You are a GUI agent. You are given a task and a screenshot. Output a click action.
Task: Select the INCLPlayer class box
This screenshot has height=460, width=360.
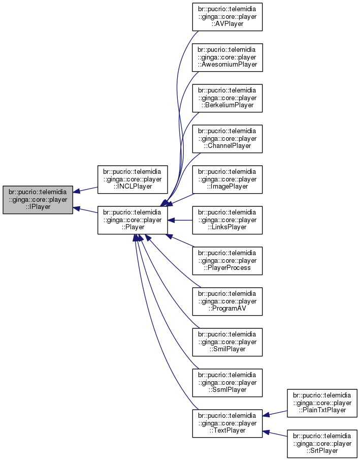(133, 179)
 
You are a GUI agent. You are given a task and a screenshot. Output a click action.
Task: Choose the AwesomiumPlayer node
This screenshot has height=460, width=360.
(227, 57)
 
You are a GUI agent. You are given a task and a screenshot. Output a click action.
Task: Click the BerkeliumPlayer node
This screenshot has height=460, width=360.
(227, 98)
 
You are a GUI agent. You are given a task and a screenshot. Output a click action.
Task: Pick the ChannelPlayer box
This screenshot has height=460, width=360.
(227, 139)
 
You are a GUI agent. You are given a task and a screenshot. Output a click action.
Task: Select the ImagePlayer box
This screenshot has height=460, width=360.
(227, 179)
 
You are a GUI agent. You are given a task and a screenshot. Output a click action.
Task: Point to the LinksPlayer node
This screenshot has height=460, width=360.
(227, 220)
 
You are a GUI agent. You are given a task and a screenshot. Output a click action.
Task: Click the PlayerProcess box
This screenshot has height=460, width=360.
(227, 261)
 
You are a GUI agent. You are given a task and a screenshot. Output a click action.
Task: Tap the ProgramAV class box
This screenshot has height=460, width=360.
(227, 301)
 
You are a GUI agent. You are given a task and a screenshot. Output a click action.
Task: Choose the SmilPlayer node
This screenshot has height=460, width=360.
(227, 342)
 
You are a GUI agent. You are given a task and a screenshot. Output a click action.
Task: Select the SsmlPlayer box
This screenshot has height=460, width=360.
(227, 383)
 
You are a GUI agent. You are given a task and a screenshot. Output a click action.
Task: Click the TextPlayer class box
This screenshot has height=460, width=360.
(227, 423)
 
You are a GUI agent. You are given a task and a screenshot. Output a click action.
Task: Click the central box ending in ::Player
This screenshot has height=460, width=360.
(133, 220)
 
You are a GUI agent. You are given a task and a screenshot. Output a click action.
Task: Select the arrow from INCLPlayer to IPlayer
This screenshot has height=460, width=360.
(85, 190)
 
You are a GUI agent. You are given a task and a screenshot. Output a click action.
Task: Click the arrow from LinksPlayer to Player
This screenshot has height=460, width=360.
(180, 220)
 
